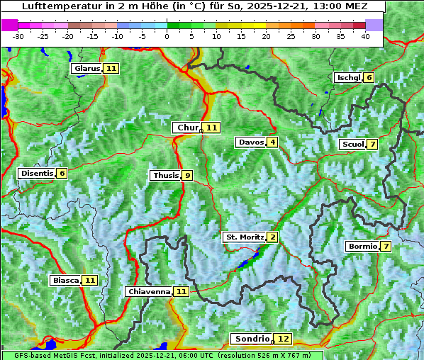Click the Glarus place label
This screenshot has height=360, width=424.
[87, 68]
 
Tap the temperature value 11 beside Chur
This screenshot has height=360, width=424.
[213, 128]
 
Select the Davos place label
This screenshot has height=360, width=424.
[251, 142]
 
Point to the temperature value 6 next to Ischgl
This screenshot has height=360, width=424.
[369, 77]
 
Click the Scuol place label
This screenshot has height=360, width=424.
[352, 144]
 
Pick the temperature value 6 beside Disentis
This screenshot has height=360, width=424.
[62, 173]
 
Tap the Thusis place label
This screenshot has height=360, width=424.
[165, 175]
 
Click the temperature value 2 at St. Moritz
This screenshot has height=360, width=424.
[272, 237]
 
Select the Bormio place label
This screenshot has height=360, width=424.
[362, 247]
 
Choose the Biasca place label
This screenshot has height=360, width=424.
[66, 280]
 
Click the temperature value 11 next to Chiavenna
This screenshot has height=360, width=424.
[182, 291]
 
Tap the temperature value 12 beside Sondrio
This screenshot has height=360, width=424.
[283, 339]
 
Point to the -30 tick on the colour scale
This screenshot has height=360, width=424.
[18, 36]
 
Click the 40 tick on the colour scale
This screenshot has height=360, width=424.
[365, 36]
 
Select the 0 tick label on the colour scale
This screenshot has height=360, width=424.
[167, 36]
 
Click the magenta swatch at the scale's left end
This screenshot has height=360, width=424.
[9, 25]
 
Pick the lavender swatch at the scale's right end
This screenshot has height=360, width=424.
[374, 25]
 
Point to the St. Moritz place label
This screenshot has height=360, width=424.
[245, 237]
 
